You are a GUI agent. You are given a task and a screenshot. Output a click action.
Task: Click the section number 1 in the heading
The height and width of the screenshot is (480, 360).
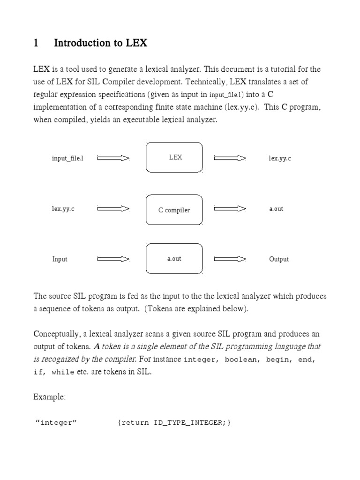[x=36, y=44]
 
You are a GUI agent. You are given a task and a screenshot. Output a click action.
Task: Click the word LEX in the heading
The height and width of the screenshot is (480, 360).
[x=136, y=44]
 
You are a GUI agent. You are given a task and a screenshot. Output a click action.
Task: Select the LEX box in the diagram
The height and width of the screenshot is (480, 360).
[x=175, y=157]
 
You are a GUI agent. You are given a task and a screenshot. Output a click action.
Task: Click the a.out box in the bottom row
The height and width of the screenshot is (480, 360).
[x=175, y=259]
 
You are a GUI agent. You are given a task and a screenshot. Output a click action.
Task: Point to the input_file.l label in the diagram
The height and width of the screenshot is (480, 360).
[x=67, y=158]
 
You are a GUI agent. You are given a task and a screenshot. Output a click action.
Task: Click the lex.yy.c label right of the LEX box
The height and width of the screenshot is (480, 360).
[x=280, y=158]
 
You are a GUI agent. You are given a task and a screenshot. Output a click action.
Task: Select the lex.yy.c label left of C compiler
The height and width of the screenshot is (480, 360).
[x=63, y=209]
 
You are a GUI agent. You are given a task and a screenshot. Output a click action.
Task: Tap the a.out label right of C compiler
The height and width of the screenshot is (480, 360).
[x=276, y=209]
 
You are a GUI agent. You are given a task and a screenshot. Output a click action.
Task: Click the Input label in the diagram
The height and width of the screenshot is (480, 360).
[x=60, y=259]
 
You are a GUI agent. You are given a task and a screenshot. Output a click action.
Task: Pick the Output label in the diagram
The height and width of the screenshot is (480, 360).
[x=279, y=259]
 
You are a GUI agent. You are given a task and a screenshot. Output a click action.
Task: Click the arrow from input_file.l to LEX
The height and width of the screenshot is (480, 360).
[x=113, y=158]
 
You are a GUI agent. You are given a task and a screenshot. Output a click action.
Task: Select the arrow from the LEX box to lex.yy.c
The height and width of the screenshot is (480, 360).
[x=230, y=158]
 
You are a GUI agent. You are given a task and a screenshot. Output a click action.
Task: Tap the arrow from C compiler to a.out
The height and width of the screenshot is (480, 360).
[x=230, y=209]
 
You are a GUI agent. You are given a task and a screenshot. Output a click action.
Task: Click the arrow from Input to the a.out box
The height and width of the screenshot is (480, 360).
[x=113, y=259]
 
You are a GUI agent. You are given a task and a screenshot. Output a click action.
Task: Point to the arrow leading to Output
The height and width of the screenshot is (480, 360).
[x=230, y=259]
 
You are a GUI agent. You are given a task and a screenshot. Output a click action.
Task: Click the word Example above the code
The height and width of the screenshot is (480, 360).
[x=50, y=397]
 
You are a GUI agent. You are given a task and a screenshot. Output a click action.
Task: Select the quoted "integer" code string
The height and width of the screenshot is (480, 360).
[x=56, y=423]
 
